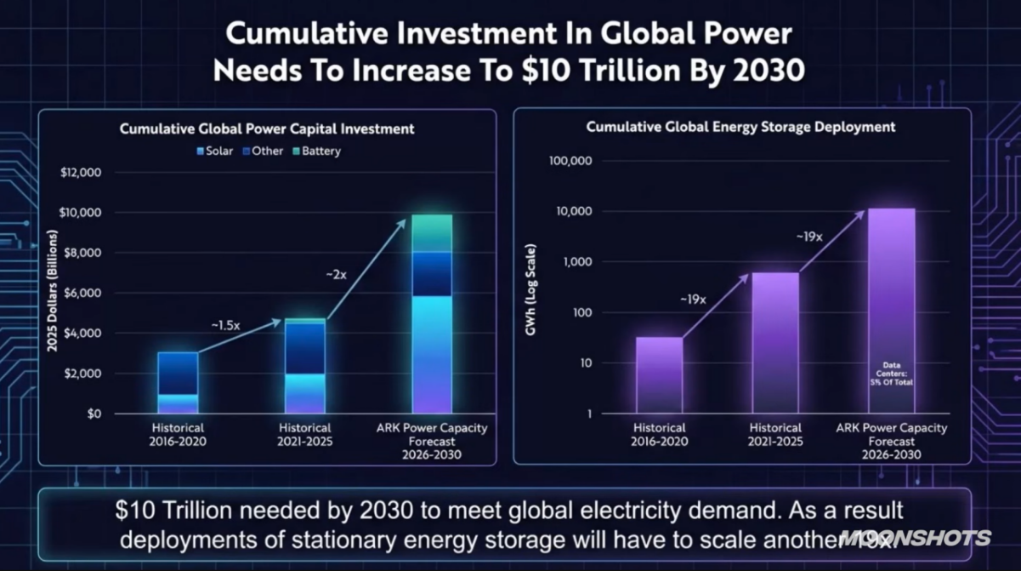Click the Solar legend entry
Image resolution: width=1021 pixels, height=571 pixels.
tap(214, 151)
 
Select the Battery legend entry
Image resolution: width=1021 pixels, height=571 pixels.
tap(315, 151)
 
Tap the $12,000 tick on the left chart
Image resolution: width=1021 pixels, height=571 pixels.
tap(82, 173)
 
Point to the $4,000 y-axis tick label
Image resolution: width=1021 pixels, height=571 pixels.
tap(82, 334)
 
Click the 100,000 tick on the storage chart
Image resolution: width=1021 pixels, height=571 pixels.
tap(570, 161)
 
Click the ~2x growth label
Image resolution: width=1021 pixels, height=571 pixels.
tap(336, 275)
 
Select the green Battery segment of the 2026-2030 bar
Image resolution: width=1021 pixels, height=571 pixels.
tap(433, 232)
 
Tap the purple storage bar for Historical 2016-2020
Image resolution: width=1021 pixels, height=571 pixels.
tap(659, 374)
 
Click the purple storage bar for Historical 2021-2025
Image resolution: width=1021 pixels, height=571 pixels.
tap(775, 342)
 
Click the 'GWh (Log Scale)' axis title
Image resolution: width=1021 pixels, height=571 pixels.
tap(530, 288)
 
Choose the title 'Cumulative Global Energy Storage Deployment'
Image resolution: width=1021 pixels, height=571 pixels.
tap(740, 127)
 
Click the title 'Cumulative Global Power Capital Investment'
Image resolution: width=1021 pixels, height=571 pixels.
tap(267, 129)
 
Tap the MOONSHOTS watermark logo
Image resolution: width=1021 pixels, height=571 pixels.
tap(915, 538)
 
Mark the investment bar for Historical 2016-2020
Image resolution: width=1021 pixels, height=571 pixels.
tap(178, 382)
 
